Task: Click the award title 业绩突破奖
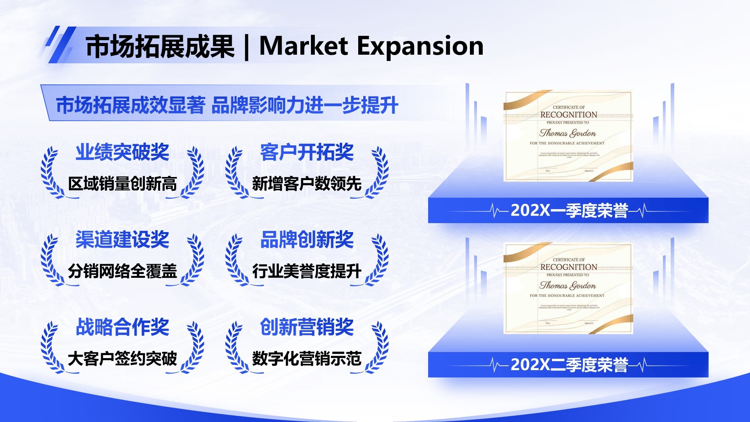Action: coord(122,152)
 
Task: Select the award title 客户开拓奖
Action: coord(307,152)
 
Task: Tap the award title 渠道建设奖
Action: coord(122,240)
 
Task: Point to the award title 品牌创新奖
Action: coord(307,240)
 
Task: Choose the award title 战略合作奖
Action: coord(122,327)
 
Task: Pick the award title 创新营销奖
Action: coord(307,327)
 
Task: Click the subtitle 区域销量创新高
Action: coord(122,184)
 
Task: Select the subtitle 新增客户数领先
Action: coord(307,184)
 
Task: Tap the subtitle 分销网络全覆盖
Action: coord(122,271)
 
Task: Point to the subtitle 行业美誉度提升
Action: coord(307,271)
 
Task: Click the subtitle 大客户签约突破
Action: coord(122,359)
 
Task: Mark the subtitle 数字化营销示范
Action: coord(307,359)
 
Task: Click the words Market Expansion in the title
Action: coord(371,46)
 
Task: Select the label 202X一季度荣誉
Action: coord(569,211)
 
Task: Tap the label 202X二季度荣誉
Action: coord(569,365)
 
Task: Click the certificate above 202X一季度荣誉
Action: coord(568,136)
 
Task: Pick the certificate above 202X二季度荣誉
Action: coord(568,288)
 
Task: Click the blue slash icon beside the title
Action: coord(60,45)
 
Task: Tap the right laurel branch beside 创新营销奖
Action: coord(378,347)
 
